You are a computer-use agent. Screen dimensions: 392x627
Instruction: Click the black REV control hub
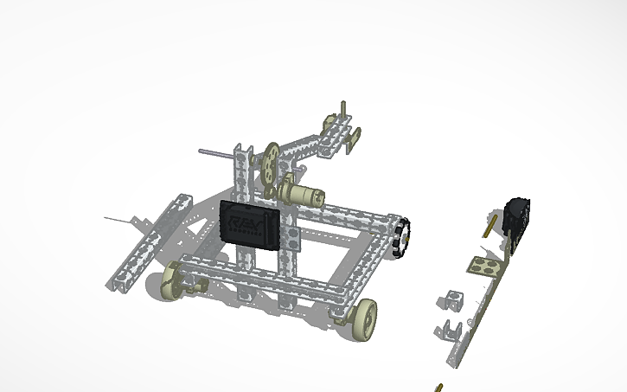252,226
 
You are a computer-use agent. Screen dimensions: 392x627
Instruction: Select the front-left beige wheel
176,280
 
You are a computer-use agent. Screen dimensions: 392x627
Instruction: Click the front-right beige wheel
366,317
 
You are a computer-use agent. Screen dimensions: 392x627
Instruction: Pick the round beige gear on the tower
272,161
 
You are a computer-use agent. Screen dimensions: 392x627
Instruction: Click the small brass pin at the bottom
439,387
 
